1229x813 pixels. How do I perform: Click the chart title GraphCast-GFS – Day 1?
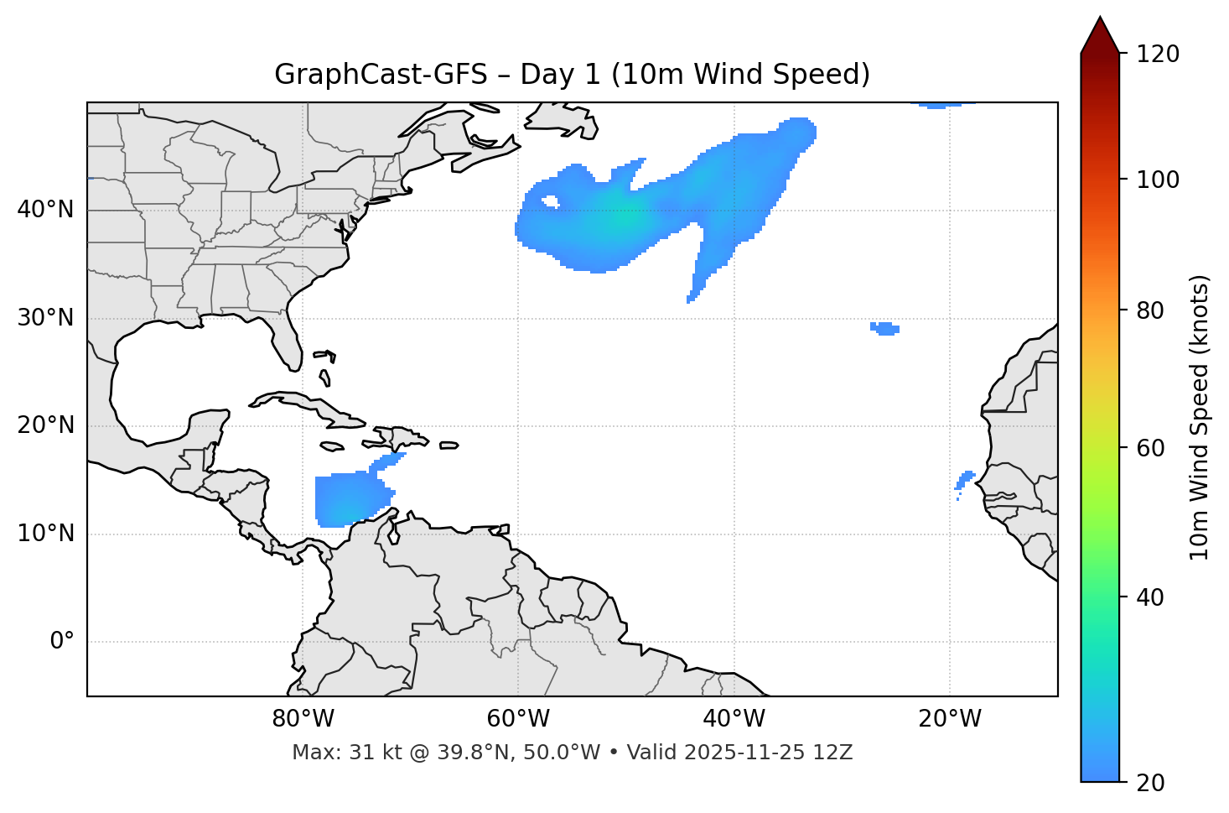point(572,75)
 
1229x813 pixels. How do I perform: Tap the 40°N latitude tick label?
point(45,210)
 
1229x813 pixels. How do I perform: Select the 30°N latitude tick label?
point(45,318)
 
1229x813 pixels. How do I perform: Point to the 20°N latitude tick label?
point(45,425)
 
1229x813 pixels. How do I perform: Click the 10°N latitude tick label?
point(45,534)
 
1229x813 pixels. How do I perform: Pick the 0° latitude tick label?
point(62,642)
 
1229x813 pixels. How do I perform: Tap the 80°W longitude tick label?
point(303,719)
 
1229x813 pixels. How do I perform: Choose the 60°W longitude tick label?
point(518,719)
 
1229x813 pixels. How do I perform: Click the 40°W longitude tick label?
point(734,719)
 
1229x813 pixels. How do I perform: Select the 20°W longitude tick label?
point(949,719)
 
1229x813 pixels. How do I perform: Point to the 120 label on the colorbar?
point(1159,55)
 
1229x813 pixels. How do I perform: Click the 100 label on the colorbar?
point(1159,180)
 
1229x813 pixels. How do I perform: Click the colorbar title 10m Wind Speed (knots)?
point(1200,417)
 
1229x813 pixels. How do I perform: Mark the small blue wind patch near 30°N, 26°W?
point(885,329)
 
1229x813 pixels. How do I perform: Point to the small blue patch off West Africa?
point(965,480)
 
